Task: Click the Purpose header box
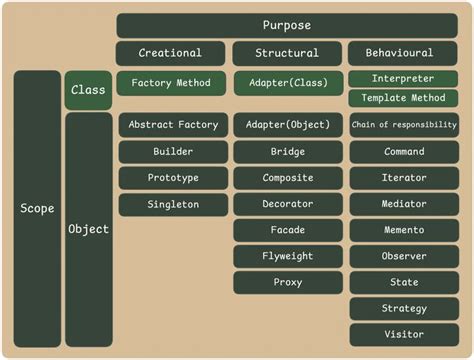[x=287, y=25]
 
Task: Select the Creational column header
[x=170, y=53]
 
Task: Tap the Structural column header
[x=287, y=53]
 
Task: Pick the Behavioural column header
[x=404, y=53]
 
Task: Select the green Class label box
[x=88, y=90]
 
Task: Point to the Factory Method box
[x=171, y=83]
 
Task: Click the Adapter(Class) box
[x=287, y=83]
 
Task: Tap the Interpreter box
[x=404, y=78]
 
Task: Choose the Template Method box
[x=404, y=98]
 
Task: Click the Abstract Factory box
[x=171, y=125]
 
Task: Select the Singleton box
[x=171, y=204]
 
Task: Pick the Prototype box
[x=171, y=178]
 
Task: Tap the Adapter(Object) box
[x=287, y=125]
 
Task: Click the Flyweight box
[x=287, y=256]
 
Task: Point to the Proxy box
[x=287, y=282]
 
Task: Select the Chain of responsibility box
[x=404, y=125]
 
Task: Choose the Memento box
[x=404, y=230]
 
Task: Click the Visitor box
[x=404, y=334]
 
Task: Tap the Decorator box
[x=287, y=204]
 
